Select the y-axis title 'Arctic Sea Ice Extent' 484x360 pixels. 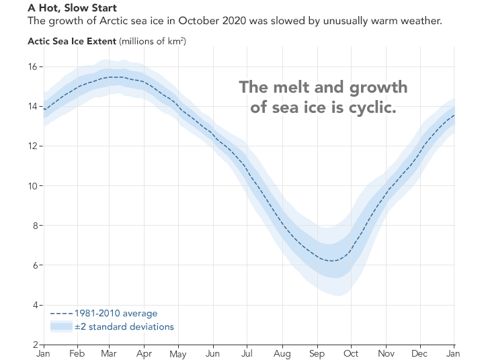(x=72, y=41)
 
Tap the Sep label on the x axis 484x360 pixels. (x=316, y=353)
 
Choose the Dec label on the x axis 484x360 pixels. (x=419, y=353)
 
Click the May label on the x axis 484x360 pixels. (x=178, y=353)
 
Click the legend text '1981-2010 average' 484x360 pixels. (x=116, y=314)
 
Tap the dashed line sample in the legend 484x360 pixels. (x=61, y=314)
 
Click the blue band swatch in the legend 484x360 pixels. (x=61, y=326)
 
